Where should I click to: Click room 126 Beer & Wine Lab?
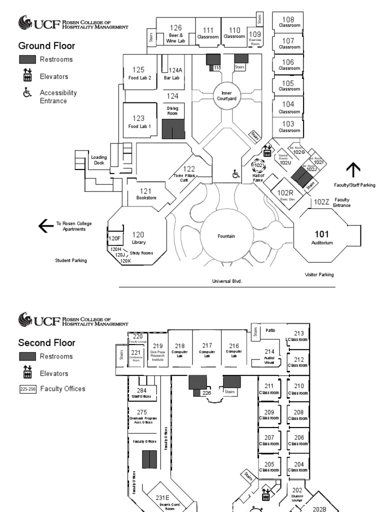coord(175,33)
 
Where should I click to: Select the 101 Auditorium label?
coord(321,237)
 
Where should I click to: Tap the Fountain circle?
coord(226,235)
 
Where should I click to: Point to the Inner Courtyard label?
coord(224,95)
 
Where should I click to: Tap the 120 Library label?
coord(138,237)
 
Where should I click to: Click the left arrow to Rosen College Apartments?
coord(46,226)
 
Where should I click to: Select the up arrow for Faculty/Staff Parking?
coord(353,170)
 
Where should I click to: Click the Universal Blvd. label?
coord(227,281)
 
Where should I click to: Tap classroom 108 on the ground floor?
coord(289,21)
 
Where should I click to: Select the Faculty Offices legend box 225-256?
coord(27,388)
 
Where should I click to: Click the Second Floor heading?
coord(47,343)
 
